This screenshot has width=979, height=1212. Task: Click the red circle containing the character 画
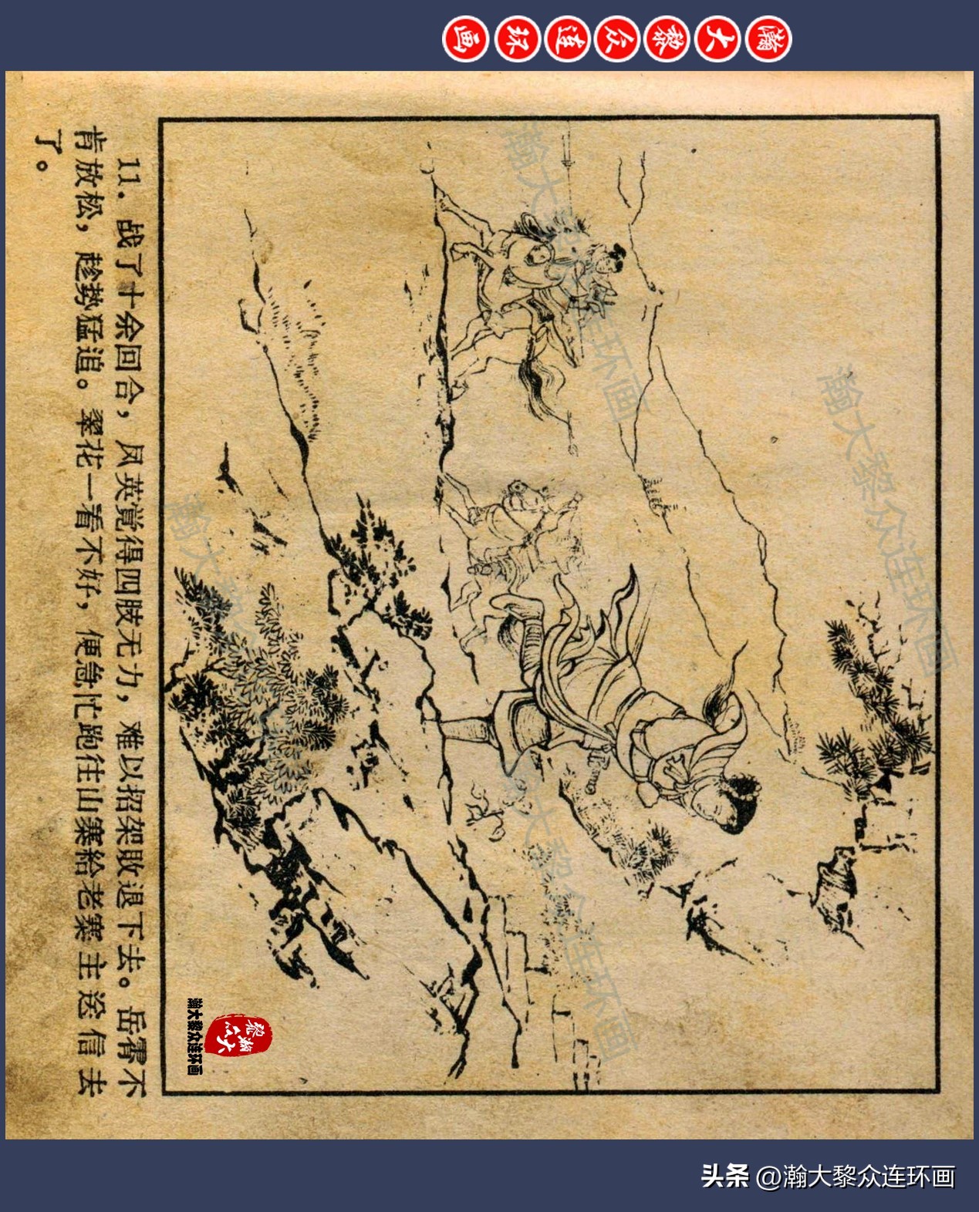point(464,39)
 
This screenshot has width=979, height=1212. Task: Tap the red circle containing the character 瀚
point(768,39)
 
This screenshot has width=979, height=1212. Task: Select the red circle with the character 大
point(717,39)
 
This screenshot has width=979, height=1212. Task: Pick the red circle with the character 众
point(616,39)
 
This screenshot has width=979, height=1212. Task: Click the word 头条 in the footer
point(724,1177)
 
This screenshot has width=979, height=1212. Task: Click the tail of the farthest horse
point(552,385)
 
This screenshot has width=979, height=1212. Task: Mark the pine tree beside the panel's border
point(872,694)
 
